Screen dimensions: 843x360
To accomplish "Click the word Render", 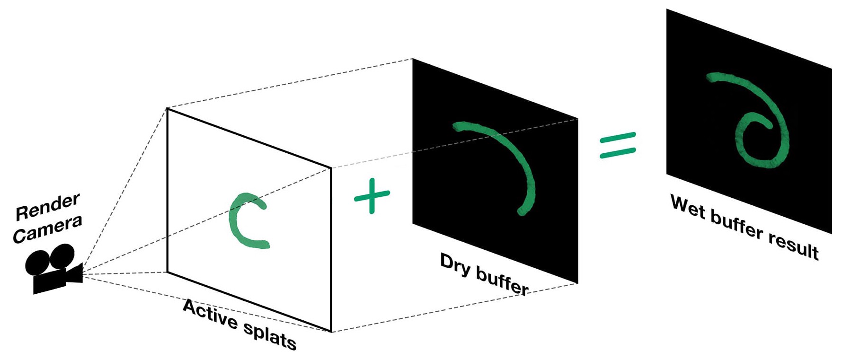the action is coord(47,207).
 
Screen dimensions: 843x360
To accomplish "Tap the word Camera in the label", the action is coord(47,229).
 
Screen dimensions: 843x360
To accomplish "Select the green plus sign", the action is coord(372,195).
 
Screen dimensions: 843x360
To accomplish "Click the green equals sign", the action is coord(618,145).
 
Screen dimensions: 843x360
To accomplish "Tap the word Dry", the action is coord(455,265).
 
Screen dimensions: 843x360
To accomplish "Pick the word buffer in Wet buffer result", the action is coord(737,226).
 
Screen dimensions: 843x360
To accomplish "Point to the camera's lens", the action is coord(76,274).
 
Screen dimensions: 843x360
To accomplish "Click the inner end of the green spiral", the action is coord(769,126).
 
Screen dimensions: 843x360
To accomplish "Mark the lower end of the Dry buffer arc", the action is coord(522,211).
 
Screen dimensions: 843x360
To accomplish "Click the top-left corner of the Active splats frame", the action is coord(167,109).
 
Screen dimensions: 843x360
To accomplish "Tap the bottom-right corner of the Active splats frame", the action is coord(331,332).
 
